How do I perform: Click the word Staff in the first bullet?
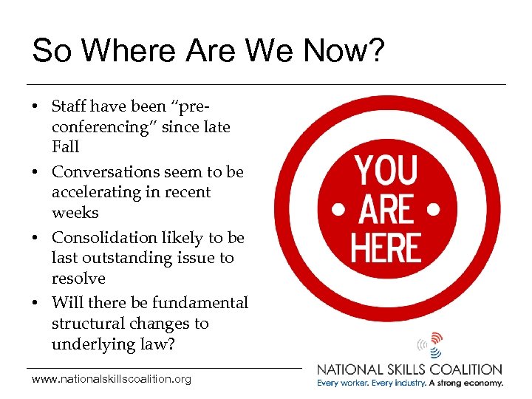pyautogui.click(x=70, y=107)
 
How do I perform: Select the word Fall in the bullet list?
pyautogui.click(x=65, y=146)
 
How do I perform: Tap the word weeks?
pyautogui.click(x=75, y=212)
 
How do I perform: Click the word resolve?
pyautogui.click(x=78, y=279)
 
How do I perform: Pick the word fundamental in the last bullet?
pyautogui.click(x=199, y=303)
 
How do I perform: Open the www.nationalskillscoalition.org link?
pyautogui.click(x=112, y=379)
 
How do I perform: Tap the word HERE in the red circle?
pyautogui.click(x=386, y=248)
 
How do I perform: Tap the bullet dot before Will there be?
pyautogui.click(x=35, y=304)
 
